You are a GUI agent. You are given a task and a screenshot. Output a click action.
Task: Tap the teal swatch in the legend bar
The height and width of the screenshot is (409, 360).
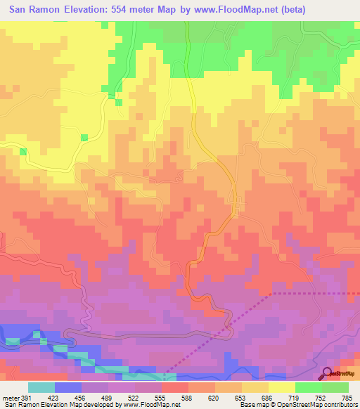click(41, 387)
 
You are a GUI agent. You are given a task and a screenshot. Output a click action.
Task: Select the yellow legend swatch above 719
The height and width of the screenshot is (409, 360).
click(281, 387)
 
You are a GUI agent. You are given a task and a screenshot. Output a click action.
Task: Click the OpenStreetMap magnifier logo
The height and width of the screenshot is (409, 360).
click(327, 373)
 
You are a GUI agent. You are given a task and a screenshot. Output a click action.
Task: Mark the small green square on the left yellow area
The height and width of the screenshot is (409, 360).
click(84, 136)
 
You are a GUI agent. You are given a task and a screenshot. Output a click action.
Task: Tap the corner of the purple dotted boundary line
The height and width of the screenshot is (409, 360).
click(273, 293)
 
